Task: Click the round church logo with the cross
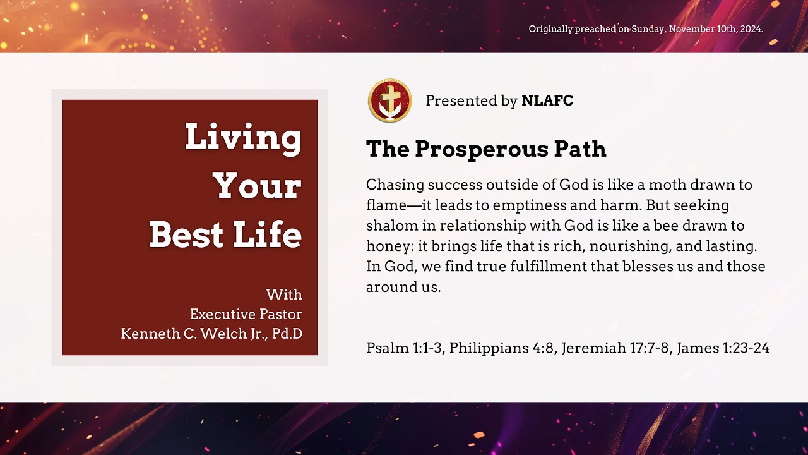389,100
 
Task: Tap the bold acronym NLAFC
547,100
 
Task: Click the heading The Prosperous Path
486,149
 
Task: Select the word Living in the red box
243,137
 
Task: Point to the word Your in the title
257,186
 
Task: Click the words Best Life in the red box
225,234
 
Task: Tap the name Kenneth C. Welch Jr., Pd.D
211,333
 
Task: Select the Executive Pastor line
246,314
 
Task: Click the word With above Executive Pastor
284,294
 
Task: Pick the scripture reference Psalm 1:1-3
404,348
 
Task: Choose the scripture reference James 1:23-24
723,348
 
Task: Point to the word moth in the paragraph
673,185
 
